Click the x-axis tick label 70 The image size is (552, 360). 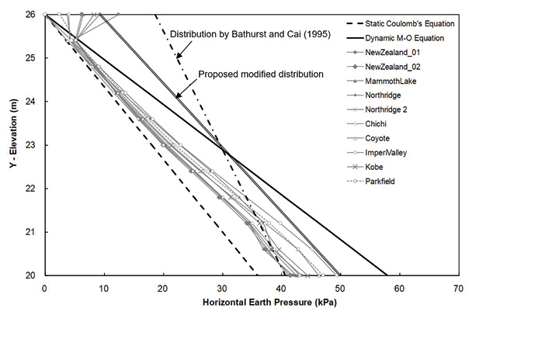coord(458,287)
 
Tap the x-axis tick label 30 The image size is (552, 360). coord(222,287)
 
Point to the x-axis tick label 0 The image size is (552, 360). coord(44,287)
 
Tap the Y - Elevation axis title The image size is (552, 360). coord(12,144)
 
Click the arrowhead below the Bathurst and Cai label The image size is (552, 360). coord(177,57)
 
